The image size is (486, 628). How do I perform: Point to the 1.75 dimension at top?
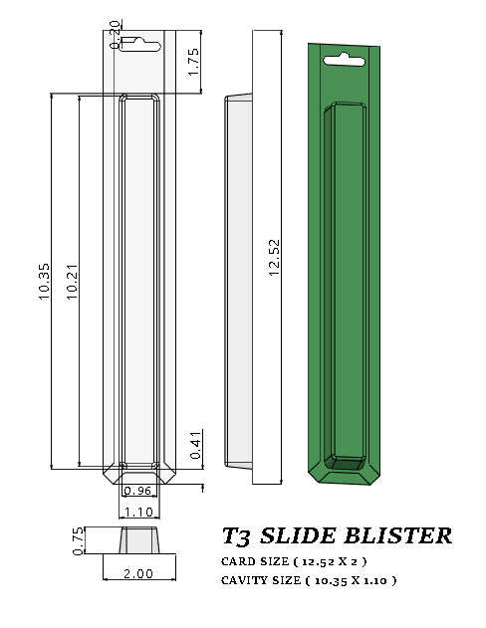pyautogui.click(x=194, y=62)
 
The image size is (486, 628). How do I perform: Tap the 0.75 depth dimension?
pyautogui.click(x=80, y=538)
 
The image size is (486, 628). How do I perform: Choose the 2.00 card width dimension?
pyautogui.click(x=137, y=573)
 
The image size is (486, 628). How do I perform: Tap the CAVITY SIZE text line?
pyautogui.click(x=308, y=580)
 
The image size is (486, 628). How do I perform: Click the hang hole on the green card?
pyautogui.click(x=343, y=58)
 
